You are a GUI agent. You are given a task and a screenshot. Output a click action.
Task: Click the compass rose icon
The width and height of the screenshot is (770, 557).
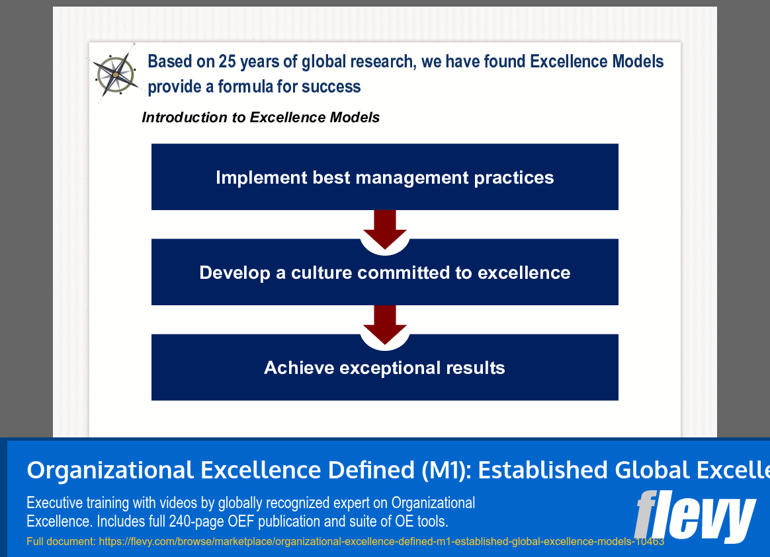click(x=116, y=74)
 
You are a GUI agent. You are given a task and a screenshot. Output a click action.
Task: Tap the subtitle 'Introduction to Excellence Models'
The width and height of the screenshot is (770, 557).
click(x=261, y=118)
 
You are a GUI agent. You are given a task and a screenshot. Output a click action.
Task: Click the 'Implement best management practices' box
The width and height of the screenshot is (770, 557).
click(x=384, y=177)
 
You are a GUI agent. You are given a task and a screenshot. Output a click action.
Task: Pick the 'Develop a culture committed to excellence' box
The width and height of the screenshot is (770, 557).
click(x=384, y=272)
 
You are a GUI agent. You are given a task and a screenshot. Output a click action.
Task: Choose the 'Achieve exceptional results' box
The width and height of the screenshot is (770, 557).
click(x=384, y=367)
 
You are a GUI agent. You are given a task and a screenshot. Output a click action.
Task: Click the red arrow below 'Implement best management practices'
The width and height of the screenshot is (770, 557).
click(x=384, y=228)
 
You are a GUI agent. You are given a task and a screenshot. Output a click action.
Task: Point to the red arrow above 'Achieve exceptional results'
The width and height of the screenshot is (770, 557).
click(x=384, y=323)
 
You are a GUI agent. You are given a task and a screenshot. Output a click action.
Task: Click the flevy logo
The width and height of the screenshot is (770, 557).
click(x=695, y=515)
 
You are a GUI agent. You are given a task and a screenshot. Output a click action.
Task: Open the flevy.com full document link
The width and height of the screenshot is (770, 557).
click(x=381, y=542)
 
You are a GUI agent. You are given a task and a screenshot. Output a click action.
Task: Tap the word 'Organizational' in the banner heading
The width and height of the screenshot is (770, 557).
click(x=110, y=470)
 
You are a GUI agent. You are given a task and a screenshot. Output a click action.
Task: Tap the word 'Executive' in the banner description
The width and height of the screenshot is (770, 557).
click(x=55, y=503)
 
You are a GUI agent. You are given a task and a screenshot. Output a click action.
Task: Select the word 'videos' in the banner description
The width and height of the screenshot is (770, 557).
click(x=175, y=503)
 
